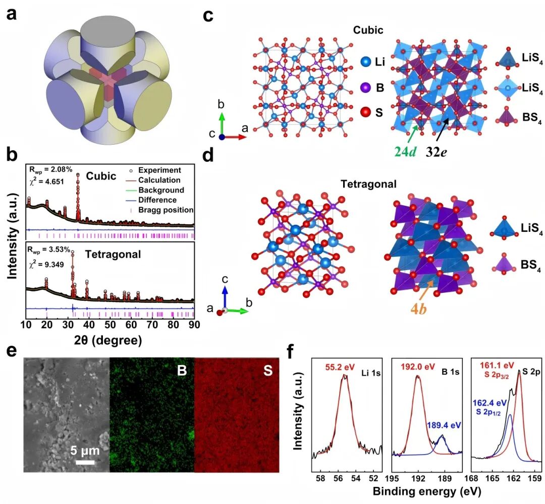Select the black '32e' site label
tap(437, 150)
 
